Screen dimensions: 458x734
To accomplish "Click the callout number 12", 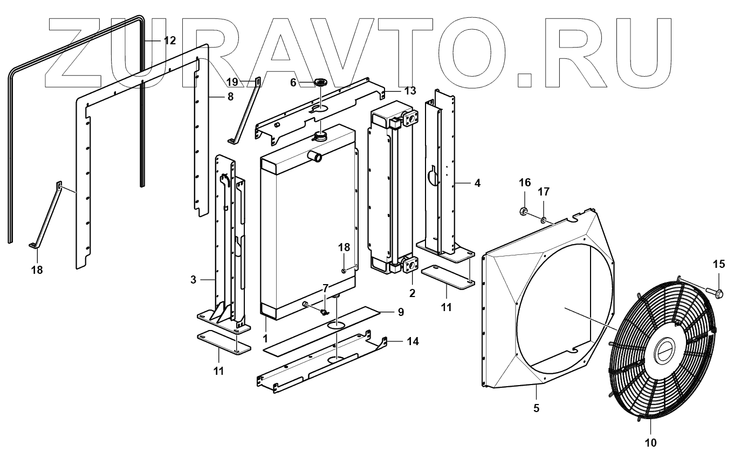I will (170, 41).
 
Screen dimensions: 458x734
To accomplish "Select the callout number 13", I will (410, 91).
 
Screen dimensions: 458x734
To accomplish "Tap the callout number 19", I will (232, 82).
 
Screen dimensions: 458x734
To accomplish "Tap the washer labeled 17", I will (544, 219).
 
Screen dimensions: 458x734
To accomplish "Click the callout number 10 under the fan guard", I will (651, 443).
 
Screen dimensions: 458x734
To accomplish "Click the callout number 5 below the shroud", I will (536, 408).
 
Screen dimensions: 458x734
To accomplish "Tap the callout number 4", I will (477, 183).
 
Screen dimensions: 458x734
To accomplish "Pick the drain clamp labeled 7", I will (325, 312).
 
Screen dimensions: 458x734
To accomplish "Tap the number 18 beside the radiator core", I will (344, 247).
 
